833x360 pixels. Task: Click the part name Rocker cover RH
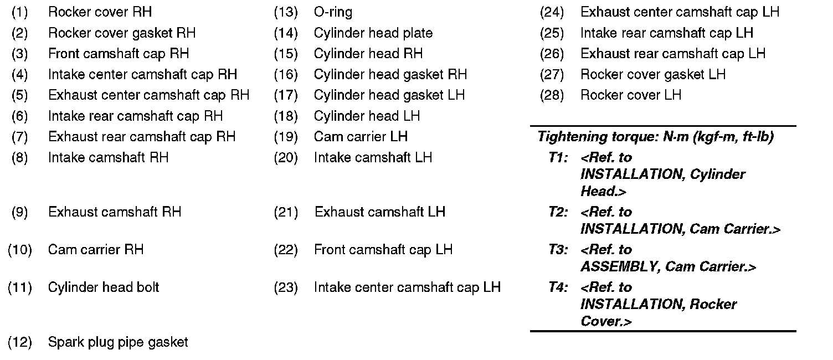click(100, 12)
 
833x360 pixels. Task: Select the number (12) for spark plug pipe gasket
click(20, 342)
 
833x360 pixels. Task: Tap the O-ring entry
click(333, 12)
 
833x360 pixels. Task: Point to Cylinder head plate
click(373, 33)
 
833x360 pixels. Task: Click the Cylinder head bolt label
click(104, 287)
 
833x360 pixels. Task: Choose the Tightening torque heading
click(655, 137)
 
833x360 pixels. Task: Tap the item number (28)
click(552, 95)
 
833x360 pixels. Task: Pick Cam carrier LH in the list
click(361, 136)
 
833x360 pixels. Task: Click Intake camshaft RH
click(108, 157)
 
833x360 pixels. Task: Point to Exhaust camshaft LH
click(380, 212)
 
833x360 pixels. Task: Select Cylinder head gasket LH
click(389, 95)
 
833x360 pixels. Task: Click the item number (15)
click(286, 54)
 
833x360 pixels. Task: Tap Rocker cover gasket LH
click(653, 74)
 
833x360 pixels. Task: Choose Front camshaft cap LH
click(383, 249)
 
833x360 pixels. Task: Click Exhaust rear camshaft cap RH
click(142, 136)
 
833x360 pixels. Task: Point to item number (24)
click(552, 12)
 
